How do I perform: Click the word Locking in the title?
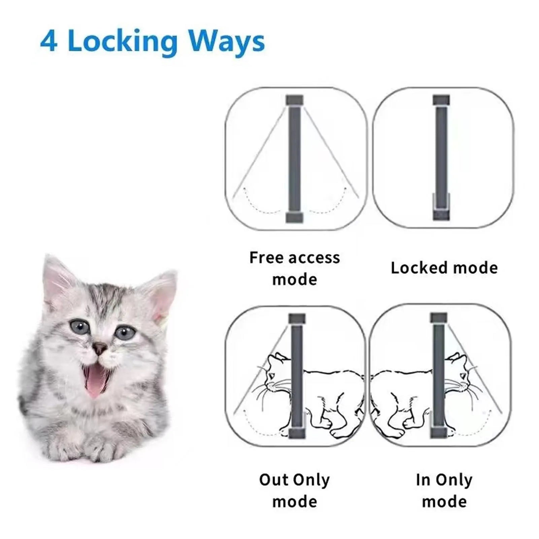[x=122, y=42]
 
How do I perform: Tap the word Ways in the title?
[x=226, y=42]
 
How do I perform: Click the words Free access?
[x=295, y=258]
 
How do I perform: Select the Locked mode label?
[x=444, y=268]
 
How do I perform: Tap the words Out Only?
[x=295, y=479]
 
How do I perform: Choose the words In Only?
[x=444, y=479]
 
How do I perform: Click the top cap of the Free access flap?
[x=295, y=100]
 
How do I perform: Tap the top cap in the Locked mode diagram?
[x=441, y=100]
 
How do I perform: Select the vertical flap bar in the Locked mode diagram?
[x=441, y=151]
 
